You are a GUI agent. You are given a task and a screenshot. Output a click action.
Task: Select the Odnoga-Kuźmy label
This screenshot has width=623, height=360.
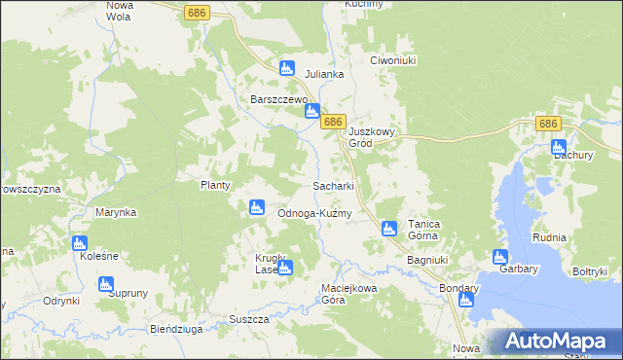[313, 213]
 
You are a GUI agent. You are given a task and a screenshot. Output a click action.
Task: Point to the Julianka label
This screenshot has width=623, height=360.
[325, 74]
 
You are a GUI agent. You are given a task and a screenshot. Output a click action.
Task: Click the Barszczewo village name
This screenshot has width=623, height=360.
[279, 99]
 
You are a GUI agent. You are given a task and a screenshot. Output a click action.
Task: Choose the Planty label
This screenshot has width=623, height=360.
[214, 185]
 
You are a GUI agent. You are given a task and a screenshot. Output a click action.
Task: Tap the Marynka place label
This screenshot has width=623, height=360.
[116, 211]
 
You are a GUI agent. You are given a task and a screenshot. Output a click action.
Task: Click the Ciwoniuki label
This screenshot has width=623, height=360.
[393, 60]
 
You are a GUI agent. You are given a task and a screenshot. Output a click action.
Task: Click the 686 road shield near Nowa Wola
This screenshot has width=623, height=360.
[198, 10]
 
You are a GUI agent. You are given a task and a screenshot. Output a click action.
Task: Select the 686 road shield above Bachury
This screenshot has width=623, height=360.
[547, 124]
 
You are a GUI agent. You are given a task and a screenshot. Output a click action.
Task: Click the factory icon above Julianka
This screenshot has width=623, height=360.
[286, 68]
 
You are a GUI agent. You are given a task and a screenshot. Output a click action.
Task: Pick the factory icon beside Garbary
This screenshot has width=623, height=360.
[499, 258]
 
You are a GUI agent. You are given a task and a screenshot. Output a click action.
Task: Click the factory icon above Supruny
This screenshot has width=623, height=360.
[106, 284]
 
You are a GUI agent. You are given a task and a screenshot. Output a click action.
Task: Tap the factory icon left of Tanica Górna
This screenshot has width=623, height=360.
[388, 229]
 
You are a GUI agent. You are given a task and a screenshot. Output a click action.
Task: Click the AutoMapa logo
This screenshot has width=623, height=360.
[554, 342]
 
